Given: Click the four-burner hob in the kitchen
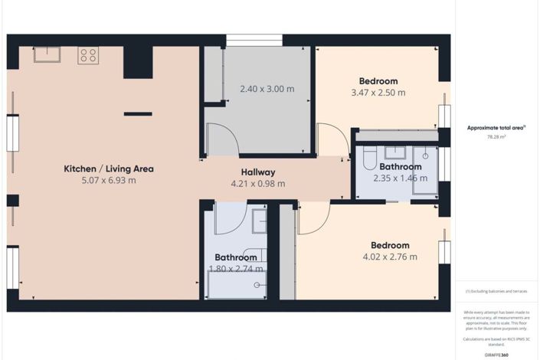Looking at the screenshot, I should tap(88, 55).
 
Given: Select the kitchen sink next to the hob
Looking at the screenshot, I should tap(46, 54).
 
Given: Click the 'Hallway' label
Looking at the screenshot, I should tap(257, 172).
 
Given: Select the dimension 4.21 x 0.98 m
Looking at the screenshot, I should tap(257, 184).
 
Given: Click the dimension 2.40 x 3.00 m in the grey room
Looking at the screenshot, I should tap(267, 89).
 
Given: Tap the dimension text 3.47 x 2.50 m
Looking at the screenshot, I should tap(378, 93).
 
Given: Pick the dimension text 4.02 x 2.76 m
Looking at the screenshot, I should tap(390, 257).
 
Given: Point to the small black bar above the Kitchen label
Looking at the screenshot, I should tap(138, 114).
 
